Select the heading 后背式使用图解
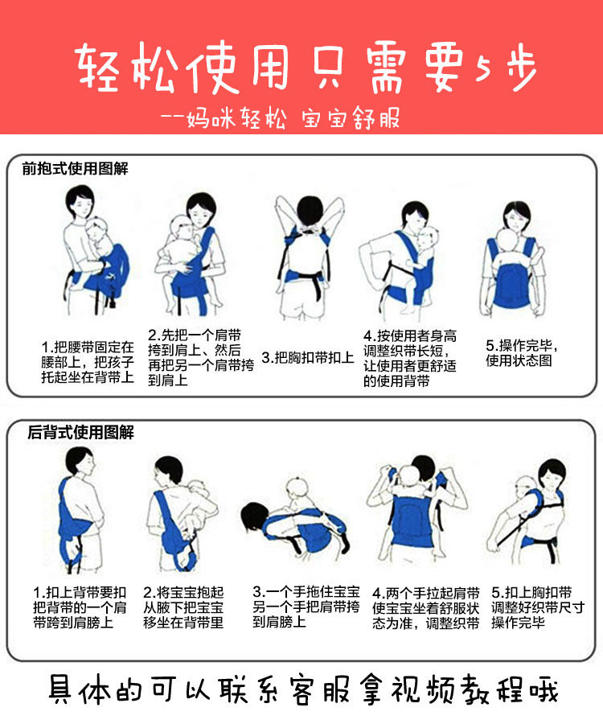[80, 433]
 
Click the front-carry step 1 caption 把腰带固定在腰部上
[88, 361]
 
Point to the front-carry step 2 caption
[200, 357]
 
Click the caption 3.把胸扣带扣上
[307, 357]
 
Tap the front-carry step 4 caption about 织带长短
[409, 358]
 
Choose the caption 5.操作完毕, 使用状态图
[521, 353]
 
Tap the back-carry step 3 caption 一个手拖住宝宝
[306, 605]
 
